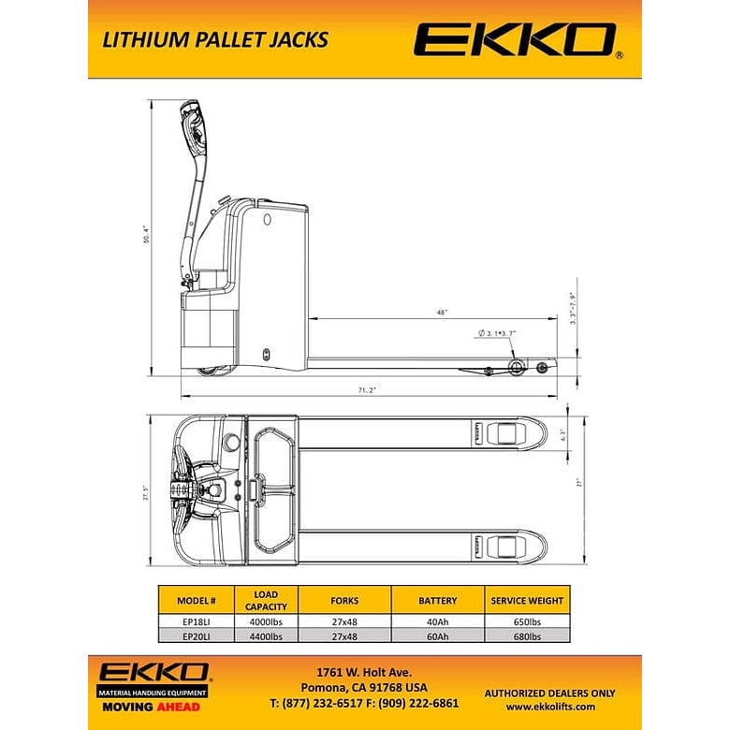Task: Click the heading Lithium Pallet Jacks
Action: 214,39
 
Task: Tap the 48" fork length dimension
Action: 441,312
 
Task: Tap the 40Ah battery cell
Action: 436,620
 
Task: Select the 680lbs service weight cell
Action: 526,635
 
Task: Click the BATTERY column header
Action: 436,600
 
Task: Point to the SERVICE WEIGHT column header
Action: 526,600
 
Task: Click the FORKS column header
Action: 344,600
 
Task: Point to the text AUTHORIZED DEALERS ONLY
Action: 549,693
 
